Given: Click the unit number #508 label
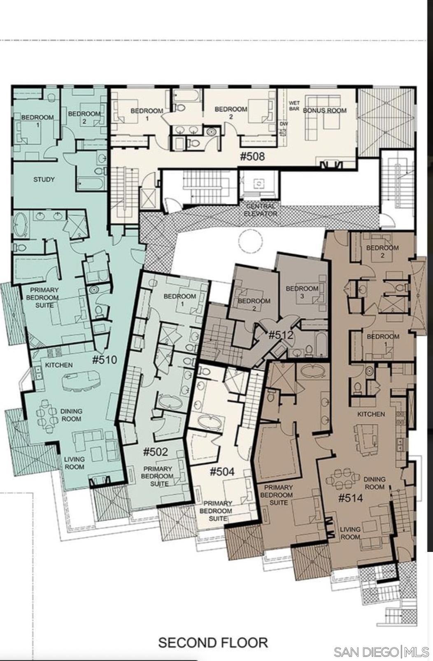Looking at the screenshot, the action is pos(252,156).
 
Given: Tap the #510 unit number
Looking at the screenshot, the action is pos(105,360).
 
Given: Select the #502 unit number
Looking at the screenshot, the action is pos(155,452).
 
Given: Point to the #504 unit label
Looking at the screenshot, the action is pos(222,472).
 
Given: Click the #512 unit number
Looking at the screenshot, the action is pos(281,335).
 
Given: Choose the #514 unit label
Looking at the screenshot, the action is pos(350,498).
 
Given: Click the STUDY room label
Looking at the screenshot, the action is pos(44,179).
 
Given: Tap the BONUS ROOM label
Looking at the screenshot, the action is pos(325,110).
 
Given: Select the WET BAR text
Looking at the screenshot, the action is pos(294,106).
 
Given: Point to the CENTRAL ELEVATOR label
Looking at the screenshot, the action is pos(260,210).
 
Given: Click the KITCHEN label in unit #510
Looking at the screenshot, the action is pos(59,365).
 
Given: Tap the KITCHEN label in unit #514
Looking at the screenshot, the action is pos(371,414).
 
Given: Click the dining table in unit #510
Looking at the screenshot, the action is pos(47,411).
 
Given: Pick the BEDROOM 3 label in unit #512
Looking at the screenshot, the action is pos(302,292).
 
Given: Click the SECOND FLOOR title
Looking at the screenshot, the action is pos(213,634).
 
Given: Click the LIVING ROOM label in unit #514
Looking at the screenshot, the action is pos(350,533).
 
